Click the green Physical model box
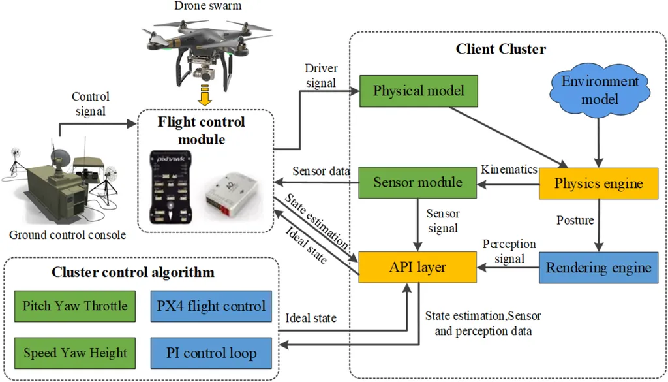[419, 91]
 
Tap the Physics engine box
[598, 183]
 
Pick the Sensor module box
[417, 183]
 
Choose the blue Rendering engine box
[598, 267]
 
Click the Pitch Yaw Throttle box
[75, 306]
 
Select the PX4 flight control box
[211, 306]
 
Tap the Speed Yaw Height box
[75, 353]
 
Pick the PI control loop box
[211, 353]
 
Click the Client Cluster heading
[500, 49]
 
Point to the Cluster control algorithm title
[133, 272]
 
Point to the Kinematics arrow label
[509, 170]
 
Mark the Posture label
[575, 221]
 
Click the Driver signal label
[320, 76]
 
